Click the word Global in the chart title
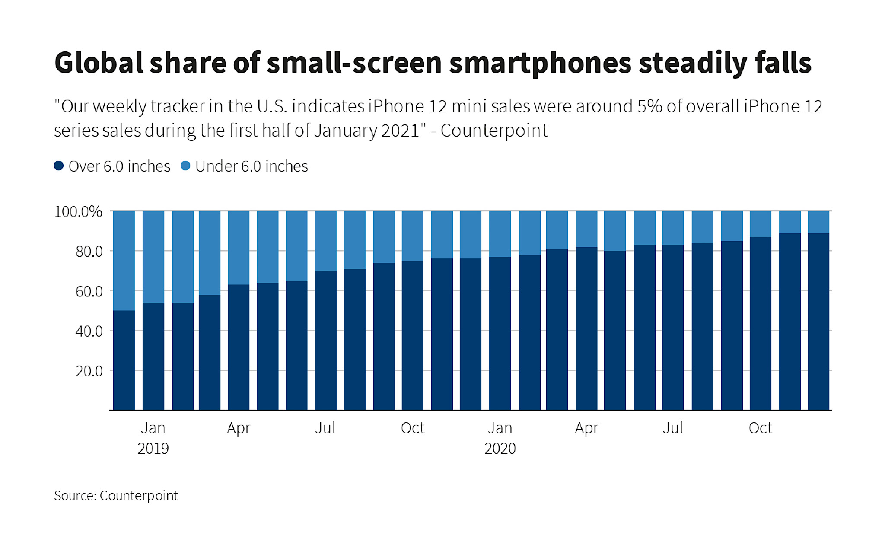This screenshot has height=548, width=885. point(99,63)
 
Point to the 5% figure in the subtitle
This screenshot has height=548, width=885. point(649,106)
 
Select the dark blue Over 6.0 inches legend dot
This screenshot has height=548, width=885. point(59,166)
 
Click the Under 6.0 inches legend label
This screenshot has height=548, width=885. point(251,166)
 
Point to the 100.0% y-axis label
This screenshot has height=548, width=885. point(78,212)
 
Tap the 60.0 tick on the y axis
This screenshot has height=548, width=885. point(89,291)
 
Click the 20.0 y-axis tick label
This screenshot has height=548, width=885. point(89,371)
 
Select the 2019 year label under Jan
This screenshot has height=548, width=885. point(153,448)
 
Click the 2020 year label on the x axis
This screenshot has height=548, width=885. point(500,448)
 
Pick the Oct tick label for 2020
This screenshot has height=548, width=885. point(760,428)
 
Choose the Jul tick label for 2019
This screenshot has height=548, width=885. point(325,428)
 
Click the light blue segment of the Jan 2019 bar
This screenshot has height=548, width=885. point(153,257)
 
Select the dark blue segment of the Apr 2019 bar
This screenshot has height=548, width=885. point(239,347)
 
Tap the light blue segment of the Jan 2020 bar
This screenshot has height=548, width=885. point(500,234)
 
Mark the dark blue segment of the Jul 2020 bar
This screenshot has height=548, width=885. point(673,327)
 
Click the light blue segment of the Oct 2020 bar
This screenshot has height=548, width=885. point(761,224)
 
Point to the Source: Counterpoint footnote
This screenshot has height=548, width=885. point(116,496)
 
